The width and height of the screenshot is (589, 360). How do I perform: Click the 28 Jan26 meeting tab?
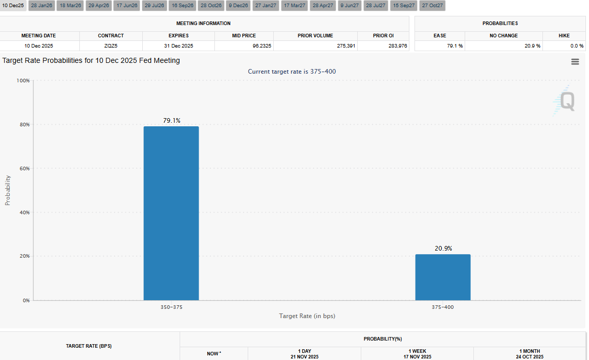(x=41, y=6)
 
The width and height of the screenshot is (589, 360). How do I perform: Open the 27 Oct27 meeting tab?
(x=432, y=6)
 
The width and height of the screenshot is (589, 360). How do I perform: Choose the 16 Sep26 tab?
(x=182, y=6)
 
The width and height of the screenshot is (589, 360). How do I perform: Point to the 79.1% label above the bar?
(x=171, y=121)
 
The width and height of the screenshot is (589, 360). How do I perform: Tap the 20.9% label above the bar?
(x=443, y=249)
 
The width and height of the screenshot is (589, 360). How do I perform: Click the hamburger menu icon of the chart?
(x=575, y=62)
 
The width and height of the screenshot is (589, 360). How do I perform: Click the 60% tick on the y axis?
(x=24, y=168)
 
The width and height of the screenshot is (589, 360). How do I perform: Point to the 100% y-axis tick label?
(x=23, y=81)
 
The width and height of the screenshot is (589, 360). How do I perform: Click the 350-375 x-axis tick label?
(x=171, y=307)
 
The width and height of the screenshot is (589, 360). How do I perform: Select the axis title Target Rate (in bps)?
(x=307, y=316)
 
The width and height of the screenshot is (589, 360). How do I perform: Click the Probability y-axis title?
(x=8, y=190)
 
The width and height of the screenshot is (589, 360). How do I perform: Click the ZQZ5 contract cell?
(x=111, y=46)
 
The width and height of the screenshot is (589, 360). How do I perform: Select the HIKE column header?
(x=564, y=36)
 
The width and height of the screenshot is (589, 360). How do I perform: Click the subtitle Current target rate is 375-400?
(x=292, y=72)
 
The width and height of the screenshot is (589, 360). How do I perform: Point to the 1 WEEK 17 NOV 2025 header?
(x=417, y=354)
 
